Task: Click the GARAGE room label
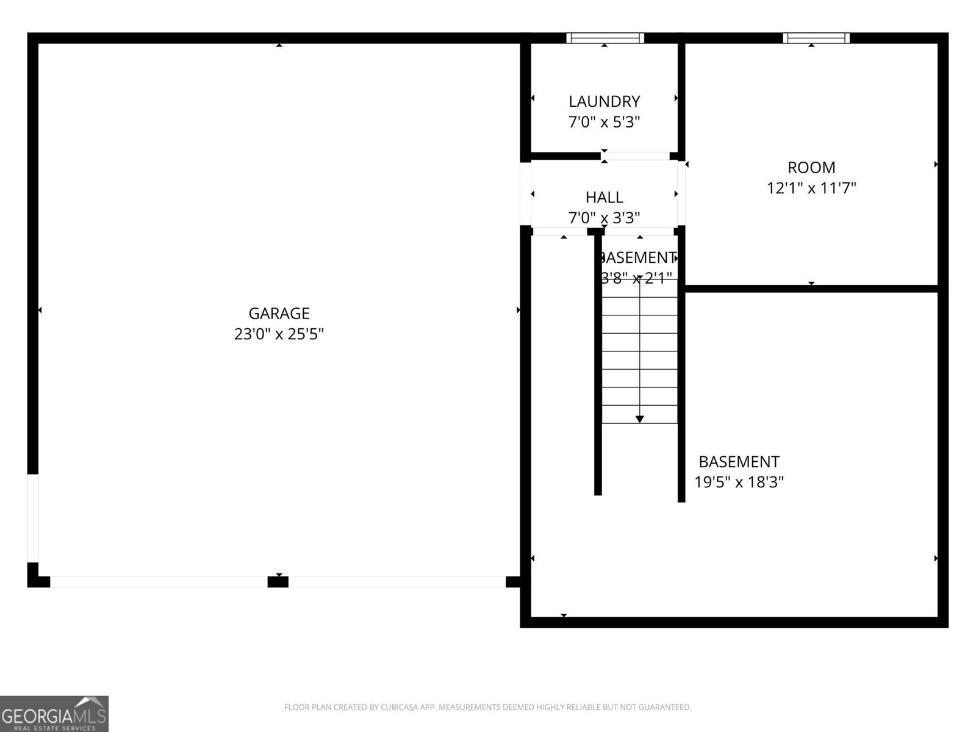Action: click(279, 314)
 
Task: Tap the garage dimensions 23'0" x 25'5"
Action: click(279, 334)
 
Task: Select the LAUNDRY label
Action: click(604, 101)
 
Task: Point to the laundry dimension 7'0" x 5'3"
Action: click(604, 122)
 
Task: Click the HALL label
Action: click(604, 198)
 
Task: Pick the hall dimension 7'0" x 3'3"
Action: click(604, 218)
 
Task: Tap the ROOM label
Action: click(811, 167)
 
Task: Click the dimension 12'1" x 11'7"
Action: click(811, 188)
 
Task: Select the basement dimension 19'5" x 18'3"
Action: click(739, 483)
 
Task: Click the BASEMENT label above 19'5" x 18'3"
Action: click(739, 462)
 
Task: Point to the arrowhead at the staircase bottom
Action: click(639, 419)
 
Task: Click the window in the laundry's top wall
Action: click(605, 38)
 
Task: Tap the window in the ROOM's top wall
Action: click(816, 38)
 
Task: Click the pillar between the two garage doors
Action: click(278, 582)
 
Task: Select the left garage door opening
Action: click(159, 582)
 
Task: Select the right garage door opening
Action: click(397, 582)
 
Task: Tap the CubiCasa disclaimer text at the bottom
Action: click(487, 707)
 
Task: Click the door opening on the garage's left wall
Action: click(33, 518)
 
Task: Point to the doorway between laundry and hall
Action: click(635, 156)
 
